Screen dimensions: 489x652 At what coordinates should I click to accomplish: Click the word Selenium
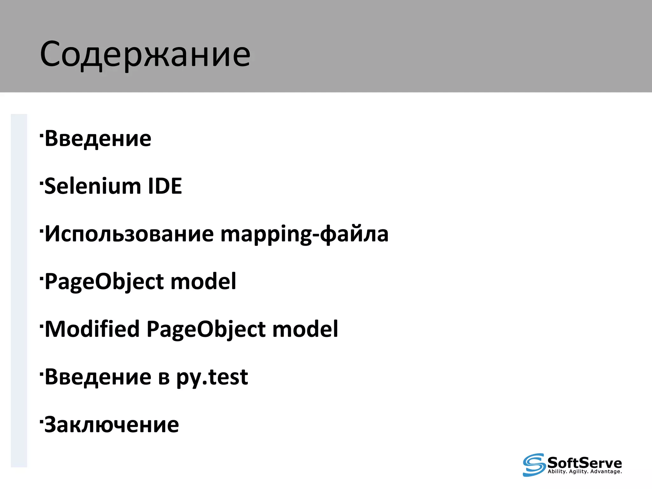[93, 186]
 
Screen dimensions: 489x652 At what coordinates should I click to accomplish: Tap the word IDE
[165, 186]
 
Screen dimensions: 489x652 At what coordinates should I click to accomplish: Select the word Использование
[129, 234]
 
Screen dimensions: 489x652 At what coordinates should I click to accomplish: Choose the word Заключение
[112, 425]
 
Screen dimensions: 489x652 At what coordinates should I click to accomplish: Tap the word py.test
[212, 378]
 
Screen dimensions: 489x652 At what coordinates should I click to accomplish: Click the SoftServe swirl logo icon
[534, 464]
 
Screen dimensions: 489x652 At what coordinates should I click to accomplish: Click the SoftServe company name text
[585, 462]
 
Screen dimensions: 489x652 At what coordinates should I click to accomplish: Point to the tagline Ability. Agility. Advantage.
[585, 471]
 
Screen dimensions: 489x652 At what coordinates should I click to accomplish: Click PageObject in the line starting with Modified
[206, 330]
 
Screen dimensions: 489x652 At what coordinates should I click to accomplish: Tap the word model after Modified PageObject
[305, 329]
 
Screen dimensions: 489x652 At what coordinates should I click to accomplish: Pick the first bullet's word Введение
[98, 138]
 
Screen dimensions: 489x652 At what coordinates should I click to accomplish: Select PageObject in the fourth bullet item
[104, 282]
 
